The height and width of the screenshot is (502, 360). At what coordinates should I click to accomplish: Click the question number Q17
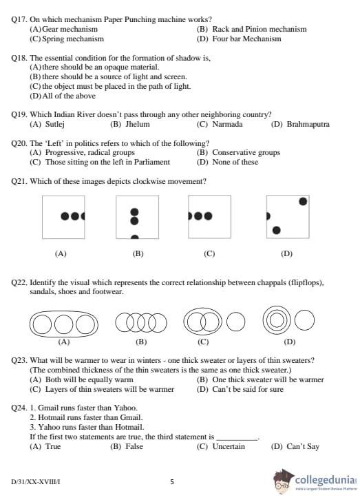coord(19,19)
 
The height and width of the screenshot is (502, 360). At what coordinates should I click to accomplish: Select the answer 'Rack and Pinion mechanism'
coord(260,29)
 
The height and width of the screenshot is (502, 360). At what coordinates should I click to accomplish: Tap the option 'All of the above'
coord(69,96)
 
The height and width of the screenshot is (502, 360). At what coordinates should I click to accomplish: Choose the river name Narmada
coord(228,124)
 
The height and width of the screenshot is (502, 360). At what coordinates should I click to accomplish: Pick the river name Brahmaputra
coord(308,124)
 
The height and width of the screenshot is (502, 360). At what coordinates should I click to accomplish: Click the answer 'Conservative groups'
coord(246,152)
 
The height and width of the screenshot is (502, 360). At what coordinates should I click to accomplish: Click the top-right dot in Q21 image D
coord(303,201)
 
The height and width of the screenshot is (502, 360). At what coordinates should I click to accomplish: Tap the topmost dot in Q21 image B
coord(135,212)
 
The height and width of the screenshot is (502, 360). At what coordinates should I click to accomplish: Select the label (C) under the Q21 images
coord(209,253)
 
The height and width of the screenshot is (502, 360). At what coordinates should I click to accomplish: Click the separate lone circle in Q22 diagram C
coord(236,322)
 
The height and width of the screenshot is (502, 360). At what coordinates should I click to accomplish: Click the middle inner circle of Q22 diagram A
coord(64,324)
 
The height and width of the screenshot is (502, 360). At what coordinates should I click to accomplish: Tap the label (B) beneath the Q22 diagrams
coord(141,342)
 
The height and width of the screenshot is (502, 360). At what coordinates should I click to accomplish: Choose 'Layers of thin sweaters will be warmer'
coord(109,389)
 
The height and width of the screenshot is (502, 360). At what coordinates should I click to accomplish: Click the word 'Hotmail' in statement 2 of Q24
coord(50,417)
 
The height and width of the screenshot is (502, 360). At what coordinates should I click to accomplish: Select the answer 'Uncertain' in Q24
coord(229,446)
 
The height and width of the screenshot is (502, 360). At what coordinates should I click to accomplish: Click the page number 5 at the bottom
coord(172,482)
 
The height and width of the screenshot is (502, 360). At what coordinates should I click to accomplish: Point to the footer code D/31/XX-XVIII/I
coord(36,482)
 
